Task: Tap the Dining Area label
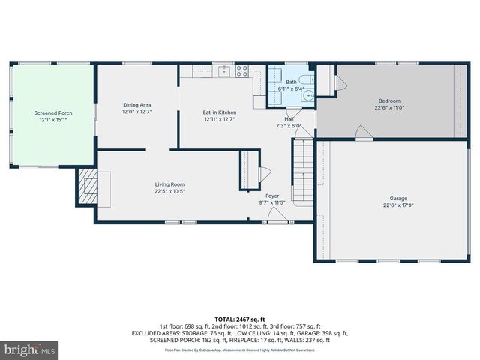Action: tap(137, 105)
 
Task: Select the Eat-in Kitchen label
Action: tap(219, 112)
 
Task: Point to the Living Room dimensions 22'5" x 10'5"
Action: tap(169, 191)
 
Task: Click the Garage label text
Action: tap(398, 198)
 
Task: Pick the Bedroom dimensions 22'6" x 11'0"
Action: tap(388, 108)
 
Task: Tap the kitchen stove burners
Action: tap(242, 71)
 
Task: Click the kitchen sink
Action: tap(223, 71)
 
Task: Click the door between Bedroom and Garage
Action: tap(364, 133)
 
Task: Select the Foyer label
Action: tap(272, 196)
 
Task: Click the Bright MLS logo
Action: tap(30, 349)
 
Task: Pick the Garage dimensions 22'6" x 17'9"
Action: tap(398, 205)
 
